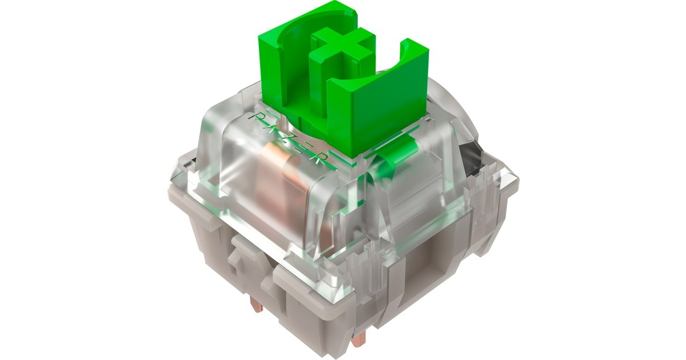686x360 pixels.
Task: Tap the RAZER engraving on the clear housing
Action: (292, 140)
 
